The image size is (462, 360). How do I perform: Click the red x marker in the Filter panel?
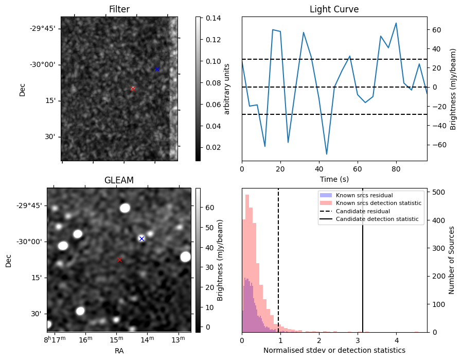point(133,89)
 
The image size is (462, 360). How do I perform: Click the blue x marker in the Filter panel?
point(157,69)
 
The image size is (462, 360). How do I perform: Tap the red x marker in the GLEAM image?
point(119,260)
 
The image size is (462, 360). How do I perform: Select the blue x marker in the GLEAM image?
point(141,238)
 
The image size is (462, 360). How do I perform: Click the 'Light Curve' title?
point(334,9)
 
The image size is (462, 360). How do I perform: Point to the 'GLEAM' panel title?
point(119,180)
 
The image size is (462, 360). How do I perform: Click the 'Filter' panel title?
point(119,9)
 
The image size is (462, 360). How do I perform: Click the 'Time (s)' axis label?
point(334,178)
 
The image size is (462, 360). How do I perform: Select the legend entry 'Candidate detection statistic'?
point(377,219)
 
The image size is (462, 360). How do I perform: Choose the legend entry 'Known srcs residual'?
point(364,195)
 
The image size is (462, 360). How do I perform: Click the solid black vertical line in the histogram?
point(363,268)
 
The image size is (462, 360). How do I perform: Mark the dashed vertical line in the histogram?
point(278,268)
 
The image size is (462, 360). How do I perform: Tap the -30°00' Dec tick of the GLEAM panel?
point(29,242)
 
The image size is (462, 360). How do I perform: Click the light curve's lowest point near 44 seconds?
point(327,154)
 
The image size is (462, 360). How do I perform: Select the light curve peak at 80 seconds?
point(396,23)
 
